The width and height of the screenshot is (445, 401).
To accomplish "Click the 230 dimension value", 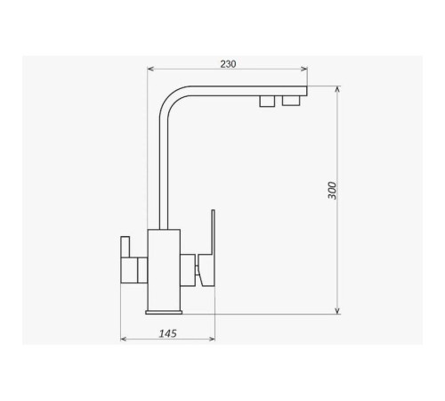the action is (228, 64).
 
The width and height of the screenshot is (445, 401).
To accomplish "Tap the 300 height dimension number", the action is (333, 191).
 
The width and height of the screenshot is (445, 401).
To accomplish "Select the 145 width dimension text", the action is (168, 333).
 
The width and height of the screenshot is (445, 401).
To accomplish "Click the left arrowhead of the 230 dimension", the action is (150, 69).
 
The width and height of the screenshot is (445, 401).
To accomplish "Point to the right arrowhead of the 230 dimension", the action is (304, 69).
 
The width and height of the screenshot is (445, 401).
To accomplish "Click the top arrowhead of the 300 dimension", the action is (337, 89).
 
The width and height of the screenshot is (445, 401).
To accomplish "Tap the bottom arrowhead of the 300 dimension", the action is (337, 310).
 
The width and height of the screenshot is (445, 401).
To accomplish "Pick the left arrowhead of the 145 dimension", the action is (124, 339).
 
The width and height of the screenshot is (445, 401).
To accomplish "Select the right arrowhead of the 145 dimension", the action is (212, 339).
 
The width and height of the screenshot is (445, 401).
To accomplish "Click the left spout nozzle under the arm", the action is (267, 101).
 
